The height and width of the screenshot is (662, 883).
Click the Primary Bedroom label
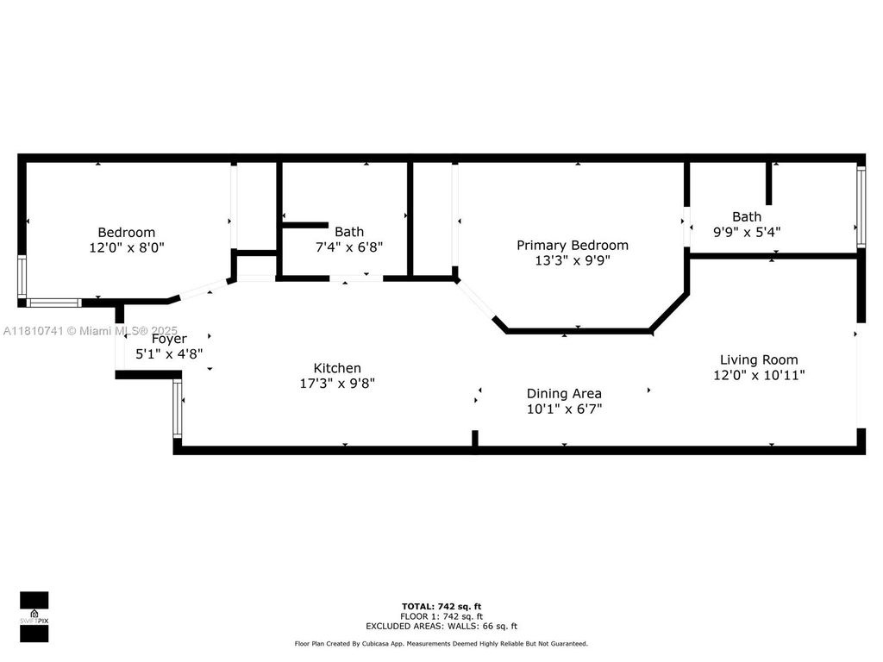572,246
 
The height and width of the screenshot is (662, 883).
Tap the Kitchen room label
336,368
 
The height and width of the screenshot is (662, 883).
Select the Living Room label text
759,359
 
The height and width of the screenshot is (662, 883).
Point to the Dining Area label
564,393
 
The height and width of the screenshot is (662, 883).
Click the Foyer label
169,339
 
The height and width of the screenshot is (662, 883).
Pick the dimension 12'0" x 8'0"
126,247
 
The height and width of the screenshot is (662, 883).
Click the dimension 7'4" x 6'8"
348,246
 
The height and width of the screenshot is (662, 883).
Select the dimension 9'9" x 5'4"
747,231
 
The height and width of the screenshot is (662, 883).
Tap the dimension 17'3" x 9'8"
336,383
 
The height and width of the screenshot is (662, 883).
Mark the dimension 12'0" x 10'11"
759,374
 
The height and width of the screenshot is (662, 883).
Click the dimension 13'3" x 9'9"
572,259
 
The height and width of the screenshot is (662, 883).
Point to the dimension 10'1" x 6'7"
564,408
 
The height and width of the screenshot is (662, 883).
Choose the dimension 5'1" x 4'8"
169,353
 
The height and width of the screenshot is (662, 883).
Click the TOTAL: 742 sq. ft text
441,607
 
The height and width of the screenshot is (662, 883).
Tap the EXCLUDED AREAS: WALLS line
441,626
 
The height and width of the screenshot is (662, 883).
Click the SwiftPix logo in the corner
34,616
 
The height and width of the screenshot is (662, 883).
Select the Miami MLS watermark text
91,330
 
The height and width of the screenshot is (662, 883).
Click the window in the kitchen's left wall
178,409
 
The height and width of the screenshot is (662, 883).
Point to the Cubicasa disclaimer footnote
441,643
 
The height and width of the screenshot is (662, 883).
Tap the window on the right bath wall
860,206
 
